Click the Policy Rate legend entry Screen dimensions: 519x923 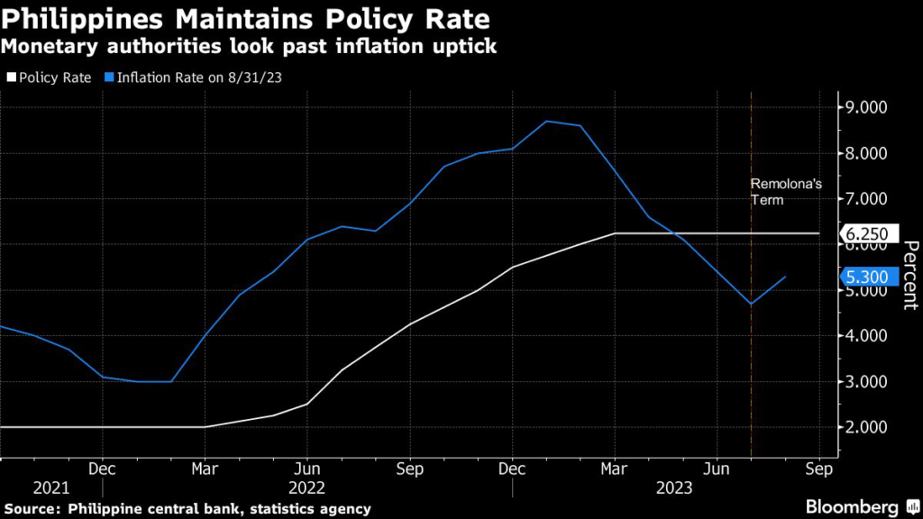pyautogui.click(x=50, y=77)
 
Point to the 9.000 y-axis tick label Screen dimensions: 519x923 pyautogui.click(x=869, y=107)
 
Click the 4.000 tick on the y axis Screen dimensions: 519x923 pyautogui.click(x=869, y=335)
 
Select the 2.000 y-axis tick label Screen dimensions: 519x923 pyautogui.click(x=869, y=427)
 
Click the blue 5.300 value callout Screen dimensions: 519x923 pyautogui.click(x=871, y=278)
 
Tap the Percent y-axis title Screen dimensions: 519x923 pyautogui.click(x=909, y=275)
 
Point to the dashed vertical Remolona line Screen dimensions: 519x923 pyautogui.click(x=751, y=360)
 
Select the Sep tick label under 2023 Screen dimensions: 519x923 pyautogui.click(x=818, y=469)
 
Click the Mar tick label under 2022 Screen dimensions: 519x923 pyautogui.click(x=205, y=469)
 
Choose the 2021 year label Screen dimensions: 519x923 pyautogui.click(x=50, y=487)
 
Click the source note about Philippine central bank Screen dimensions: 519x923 pyautogui.click(x=186, y=509)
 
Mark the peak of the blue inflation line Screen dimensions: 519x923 pyautogui.click(x=547, y=121)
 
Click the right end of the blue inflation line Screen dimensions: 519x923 pyautogui.click(x=786, y=277)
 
